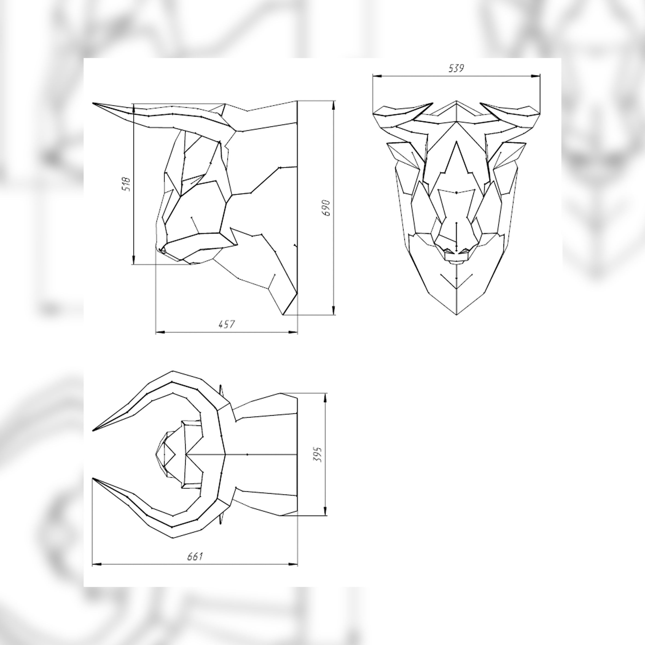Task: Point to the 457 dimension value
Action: tap(227, 324)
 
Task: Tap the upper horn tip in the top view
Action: tap(94, 430)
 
